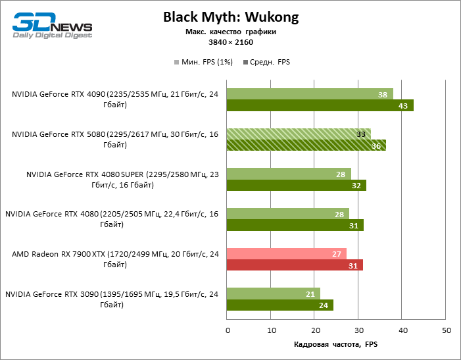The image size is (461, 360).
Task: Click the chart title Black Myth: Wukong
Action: coord(230,18)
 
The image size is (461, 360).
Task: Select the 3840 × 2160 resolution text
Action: coord(231,42)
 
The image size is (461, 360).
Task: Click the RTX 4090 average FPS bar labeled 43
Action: coord(320,105)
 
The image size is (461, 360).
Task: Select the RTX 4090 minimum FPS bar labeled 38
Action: coord(310,94)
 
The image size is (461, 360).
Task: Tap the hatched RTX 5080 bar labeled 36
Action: coord(306,145)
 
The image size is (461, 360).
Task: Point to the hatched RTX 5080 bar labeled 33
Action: coord(299,134)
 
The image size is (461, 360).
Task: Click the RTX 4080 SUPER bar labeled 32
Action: coord(296,186)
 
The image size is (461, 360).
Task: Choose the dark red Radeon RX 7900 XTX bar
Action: coord(294,265)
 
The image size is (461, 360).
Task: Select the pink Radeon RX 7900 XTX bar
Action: coord(286,253)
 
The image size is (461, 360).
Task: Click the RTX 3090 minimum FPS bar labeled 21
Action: coord(273,294)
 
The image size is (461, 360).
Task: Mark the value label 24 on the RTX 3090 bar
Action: coord(324,305)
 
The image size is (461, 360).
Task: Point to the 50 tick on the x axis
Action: coord(446,330)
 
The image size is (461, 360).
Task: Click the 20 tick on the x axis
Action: coord(314,330)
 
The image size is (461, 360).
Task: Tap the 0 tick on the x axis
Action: coord(227,330)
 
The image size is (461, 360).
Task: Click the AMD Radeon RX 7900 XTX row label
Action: coord(115,259)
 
